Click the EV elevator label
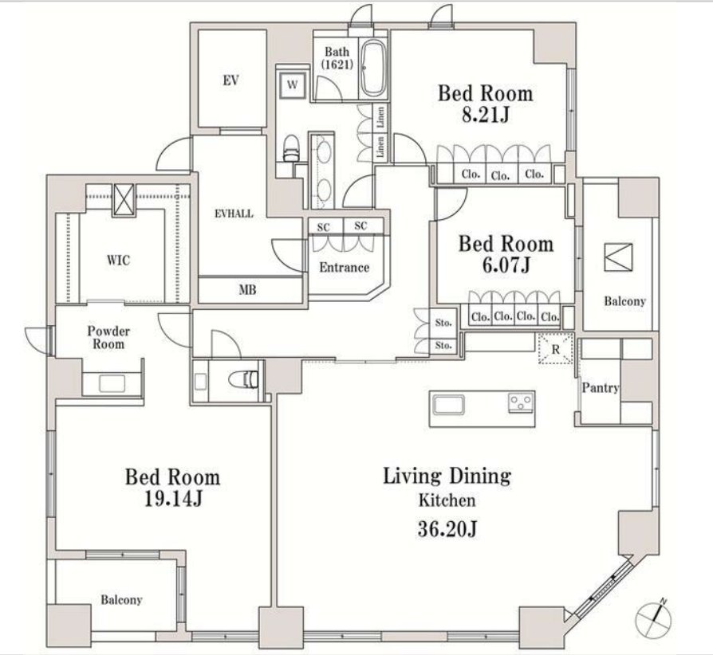[x=231, y=80]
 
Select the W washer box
[x=293, y=85]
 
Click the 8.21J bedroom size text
[x=485, y=116]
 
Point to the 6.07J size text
[x=506, y=265]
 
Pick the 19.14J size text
[x=173, y=499]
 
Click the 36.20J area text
[x=447, y=529]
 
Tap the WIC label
[x=118, y=261]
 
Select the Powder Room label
[x=108, y=338]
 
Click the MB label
[x=247, y=290]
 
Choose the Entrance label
[x=345, y=267]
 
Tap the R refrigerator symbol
[x=556, y=349]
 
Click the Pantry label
[x=601, y=387]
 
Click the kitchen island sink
[x=449, y=405]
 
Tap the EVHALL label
[x=234, y=214]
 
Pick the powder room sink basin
[x=112, y=384]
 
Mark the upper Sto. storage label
[x=443, y=323]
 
